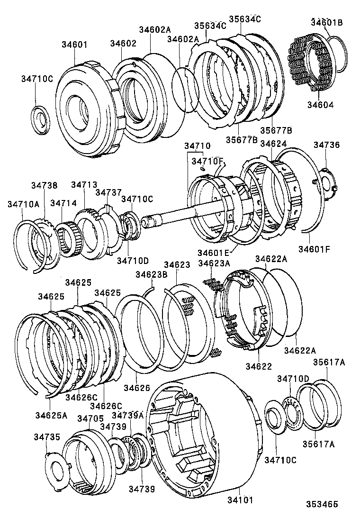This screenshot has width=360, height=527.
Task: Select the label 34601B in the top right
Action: click(x=327, y=22)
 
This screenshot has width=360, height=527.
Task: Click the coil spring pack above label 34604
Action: click(x=306, y=62)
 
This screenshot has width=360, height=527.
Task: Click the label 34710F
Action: click(x=207, y=162)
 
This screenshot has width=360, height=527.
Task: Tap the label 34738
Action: click(x=45, y=185)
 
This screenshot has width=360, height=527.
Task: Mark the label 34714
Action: click(x=63, y=203)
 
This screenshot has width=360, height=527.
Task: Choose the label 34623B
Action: click(x=151, y=274)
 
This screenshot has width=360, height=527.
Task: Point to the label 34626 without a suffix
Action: click(x=137, y=388)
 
